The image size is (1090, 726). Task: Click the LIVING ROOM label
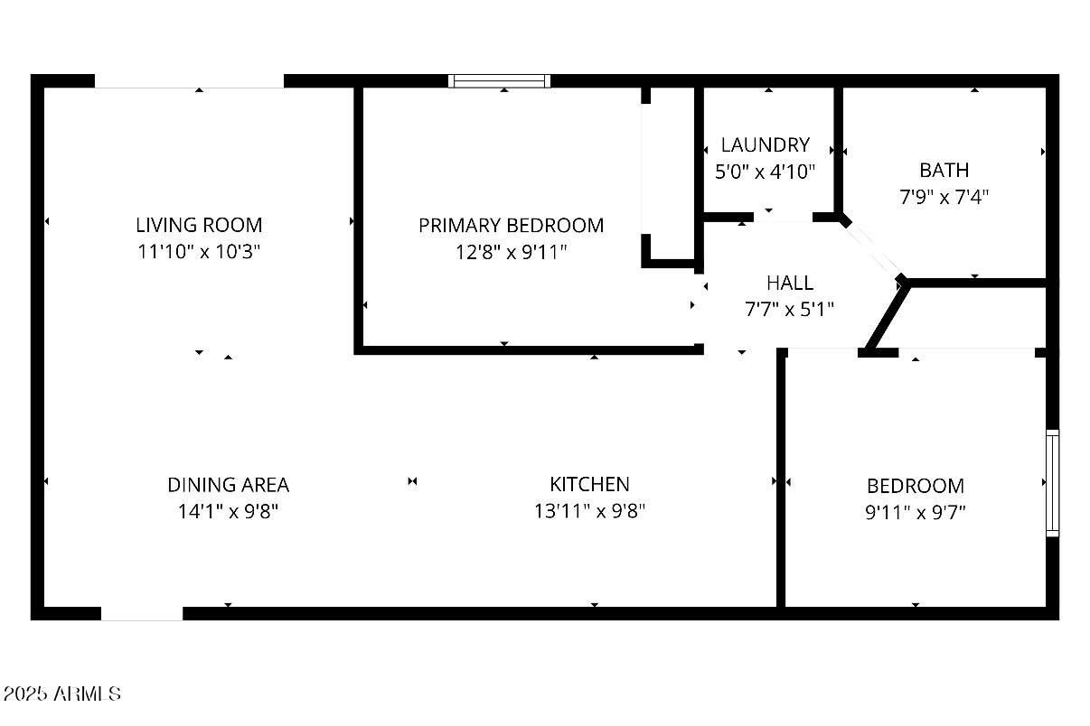click(x=199, y=225)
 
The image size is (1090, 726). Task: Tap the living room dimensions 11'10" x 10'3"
click(x=199, y=252)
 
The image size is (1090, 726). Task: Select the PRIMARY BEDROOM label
click(x=511, y=225)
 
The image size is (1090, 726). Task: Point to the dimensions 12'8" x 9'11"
click(x=511, y=252)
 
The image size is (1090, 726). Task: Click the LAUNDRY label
click(x=765, y=144)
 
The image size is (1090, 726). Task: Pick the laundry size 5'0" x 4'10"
click(x=765, y=172)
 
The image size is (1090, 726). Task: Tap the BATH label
click(x=944, y=170)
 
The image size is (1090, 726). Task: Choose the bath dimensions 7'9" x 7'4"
click(x=944, y=196)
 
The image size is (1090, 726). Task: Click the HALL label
click(x=789, y=283)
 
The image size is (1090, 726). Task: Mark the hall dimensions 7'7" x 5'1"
click(x=789, y=309)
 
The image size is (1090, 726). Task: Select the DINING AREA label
click(x=228, y=485)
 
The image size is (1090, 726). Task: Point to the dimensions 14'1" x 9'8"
click(x=228, y=511)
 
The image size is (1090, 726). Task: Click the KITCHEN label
click(x=589, y=484)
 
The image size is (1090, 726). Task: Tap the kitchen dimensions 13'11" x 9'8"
click(x=589, y=511)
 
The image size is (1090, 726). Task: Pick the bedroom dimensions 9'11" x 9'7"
click(x=916, y=512)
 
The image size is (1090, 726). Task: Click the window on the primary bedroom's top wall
click(x=500, y=81)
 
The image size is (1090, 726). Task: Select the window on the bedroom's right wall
click(x=1052, y=483)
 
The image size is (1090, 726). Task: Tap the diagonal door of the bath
click(x=872, y=249)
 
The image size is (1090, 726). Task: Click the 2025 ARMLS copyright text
click(x=61, y=694)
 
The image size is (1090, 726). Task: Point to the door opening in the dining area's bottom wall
click(x=142, y=614)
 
